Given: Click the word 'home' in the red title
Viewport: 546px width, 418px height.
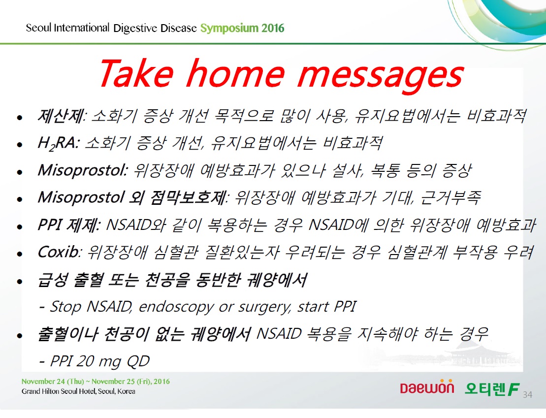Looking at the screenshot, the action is point(236,73).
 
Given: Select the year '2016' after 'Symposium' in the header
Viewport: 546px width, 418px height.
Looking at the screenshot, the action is point(273,28).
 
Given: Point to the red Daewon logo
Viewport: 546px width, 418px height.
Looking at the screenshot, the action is point(427,387).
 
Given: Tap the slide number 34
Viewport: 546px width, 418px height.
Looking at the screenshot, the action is point(528,395).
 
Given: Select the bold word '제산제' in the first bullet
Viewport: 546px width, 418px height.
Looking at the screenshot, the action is point(61,116).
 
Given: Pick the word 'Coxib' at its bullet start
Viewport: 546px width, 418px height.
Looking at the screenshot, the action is point(59,252).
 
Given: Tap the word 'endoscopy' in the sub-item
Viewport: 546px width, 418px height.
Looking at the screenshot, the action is point(176,307).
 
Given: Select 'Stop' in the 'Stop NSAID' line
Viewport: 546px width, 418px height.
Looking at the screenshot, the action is point(66,307).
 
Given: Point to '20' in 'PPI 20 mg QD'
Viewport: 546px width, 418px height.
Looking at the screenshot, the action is point(85,361).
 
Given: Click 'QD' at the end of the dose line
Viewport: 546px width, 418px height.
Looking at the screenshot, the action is point(138,361).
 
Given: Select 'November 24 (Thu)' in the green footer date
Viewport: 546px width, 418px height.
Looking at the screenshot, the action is point(53,382).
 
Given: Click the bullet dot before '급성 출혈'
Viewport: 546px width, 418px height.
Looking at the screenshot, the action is point(20,281).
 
